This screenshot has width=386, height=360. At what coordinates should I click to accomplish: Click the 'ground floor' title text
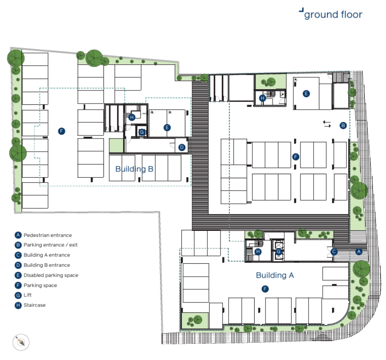pyautogui.click(x=333, y=15)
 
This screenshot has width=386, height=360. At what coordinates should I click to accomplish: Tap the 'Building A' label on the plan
pyautogui.click(x=275, y=275)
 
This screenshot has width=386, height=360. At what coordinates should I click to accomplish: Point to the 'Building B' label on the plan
pyautogui.click(x=135, y=169)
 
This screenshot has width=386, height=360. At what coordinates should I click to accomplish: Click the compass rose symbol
pyautogui.click(x=21, y=342)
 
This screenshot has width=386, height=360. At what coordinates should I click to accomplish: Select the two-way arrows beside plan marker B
pyautogui.click(x=327, y=124)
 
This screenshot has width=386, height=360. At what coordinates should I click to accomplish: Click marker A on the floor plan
pyautogui.click(x=359, y=252)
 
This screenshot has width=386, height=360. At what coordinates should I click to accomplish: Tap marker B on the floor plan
pyautogui.click(x=343, y=126)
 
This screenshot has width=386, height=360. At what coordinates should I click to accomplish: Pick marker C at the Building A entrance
pyautogui.click(x=334, y=252)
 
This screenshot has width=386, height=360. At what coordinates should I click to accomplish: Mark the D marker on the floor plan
pyautogui.click(x=182, y=148)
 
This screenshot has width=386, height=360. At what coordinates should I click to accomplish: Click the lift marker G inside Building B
pyautogui.click(x=142, y=132)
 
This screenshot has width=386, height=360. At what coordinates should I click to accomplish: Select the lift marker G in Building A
pyautogui.click(x=278, y=252)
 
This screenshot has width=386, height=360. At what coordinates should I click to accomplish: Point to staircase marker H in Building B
pyautogui.click(x=132, y=117)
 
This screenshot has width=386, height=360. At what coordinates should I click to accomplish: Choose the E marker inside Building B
pyautogui.click(x=167, y=127)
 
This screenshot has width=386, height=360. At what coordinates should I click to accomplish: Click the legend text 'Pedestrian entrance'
pyautogui.click(x=48, y=235)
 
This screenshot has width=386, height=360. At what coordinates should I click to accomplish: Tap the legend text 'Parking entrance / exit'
pyautogui.click(x=50, y=245)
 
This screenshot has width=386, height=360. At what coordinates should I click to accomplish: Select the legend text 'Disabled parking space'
pyautogui.click(x=51, y=275)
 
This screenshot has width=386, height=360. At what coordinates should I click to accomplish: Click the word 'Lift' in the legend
pyautogui.click(x=27, y=295)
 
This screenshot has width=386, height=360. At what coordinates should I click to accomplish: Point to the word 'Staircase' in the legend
pyautogui.click(x=35, y=305)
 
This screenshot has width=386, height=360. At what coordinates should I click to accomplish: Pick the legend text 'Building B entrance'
pyautogui.click(x=47, y=265)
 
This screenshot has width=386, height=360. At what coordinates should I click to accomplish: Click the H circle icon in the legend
pyautogui.click(x=18, y=306)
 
